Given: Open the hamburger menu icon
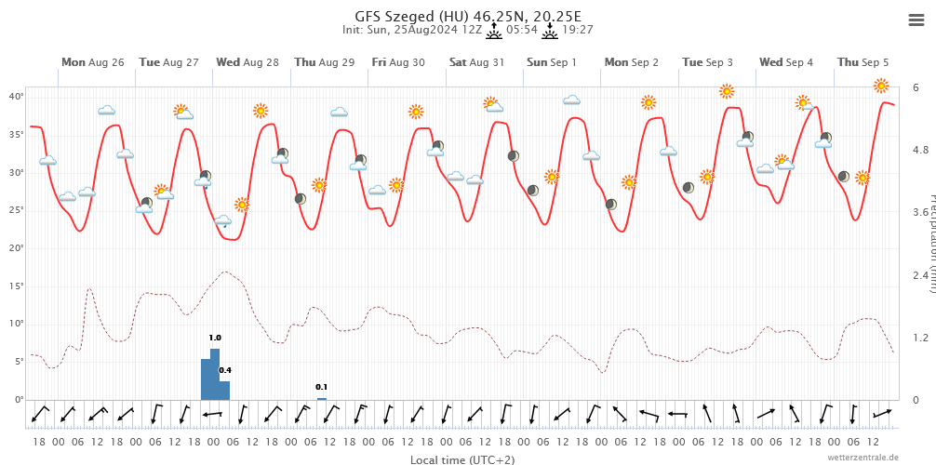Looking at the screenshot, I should pyautogui.click(x=916, y=20).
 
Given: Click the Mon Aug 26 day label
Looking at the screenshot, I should pyautogui.click(x=92, y=62).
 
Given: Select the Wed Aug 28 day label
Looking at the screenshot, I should pyautogui.click(x=247, y=62).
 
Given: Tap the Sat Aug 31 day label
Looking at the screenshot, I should pyautogui.click(x=476, y=62).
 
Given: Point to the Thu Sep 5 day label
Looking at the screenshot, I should pyautogui.click(x=862, y=62).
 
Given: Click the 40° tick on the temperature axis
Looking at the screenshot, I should pyautogui.click(x=17, y=97).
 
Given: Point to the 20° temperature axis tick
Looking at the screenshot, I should pyautogui.click(x=17, y=248).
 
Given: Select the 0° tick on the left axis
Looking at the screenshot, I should pyautogui.click(x=19, y=400).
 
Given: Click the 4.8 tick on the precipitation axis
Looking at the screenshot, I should pyautogui.click(x=919, y=150).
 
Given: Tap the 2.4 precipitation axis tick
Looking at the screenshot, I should pyautogui.click(x=919, y=275).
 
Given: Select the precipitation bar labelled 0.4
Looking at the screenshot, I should pyautogui.click(x=224, y=390).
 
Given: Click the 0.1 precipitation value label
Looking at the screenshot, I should pyautogui.click(x=322, y=387).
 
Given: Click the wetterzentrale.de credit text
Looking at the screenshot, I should pyautogui.click(x=863, y=458).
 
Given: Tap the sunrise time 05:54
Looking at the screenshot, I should pyautogui.click(x=522, y=30).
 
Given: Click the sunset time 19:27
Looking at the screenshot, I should pyautogui.click(x=578, y=30).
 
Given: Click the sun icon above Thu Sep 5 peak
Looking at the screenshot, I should pyautogui.click(x=881, y=86).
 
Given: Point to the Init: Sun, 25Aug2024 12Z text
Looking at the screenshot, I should pyautogui.click(x=412, y=30).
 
